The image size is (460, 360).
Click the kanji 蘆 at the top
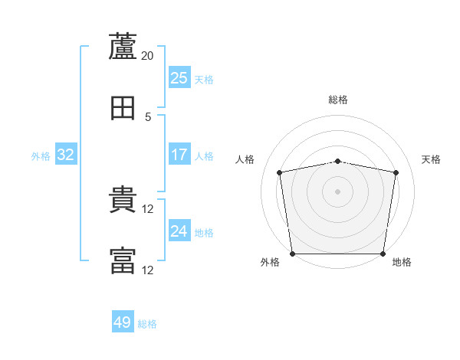click(x=123, y=46)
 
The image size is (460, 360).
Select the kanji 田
click(x=123, y=108)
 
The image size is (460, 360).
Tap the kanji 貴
click(x=123, y=199)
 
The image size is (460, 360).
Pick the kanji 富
click(x=123, y=260)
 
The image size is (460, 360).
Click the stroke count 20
click(x=147, y=56)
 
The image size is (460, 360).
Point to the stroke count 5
click(x=148, y=117)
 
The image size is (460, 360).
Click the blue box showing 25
click(x=179, y=77)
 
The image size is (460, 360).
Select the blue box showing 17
click(x=179, y=154)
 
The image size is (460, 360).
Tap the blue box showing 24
click(x=179, y=230)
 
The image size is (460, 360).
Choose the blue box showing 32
click(x=66, y=154)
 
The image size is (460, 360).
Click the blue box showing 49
click(x=123, y=321)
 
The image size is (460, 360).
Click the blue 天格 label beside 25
click(x=204, y=80)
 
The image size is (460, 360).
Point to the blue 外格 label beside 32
click(x=41, y=156)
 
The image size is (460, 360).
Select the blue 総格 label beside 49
click(x=147, y=324)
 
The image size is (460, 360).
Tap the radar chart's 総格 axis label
click(x=338, y=100)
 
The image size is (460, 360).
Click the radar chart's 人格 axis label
click(x=245, y=159)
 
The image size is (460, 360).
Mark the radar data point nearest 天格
click(x=396, y=172)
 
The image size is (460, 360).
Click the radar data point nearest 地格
click(x=383, y=254)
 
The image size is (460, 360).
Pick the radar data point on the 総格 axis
click(x=337, y=162)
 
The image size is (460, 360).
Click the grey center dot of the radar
click(x=337, y=191)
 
